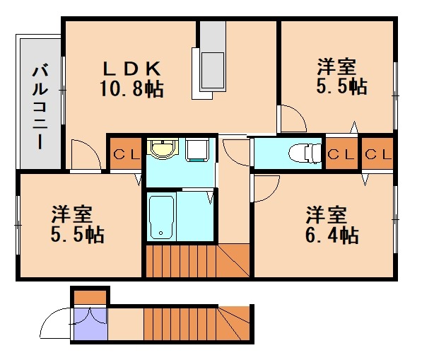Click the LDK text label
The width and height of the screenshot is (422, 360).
[x=133, y=69]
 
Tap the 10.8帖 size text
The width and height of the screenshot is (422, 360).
[x=132, y=90]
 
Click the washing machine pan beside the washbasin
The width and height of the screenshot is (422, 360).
[x=197, y=150]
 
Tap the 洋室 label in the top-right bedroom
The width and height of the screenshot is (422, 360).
[x=336, y=68]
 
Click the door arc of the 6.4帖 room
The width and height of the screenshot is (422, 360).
[x=266, y=187]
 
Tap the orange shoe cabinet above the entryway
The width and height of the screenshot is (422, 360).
[x=89, y=296]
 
